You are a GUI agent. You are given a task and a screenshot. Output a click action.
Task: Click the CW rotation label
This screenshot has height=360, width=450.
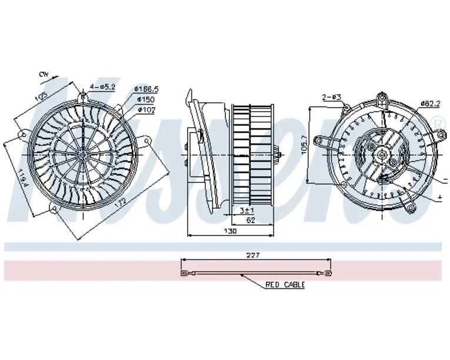click(x=43, y=75)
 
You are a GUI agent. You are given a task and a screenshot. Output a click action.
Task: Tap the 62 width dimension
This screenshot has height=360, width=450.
click(x=250, y=221)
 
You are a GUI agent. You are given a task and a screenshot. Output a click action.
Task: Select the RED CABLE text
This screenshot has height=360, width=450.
click(x=285, y=285)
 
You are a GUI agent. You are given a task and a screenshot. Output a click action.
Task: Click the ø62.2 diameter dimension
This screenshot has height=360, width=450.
click(x=431, y=104)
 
